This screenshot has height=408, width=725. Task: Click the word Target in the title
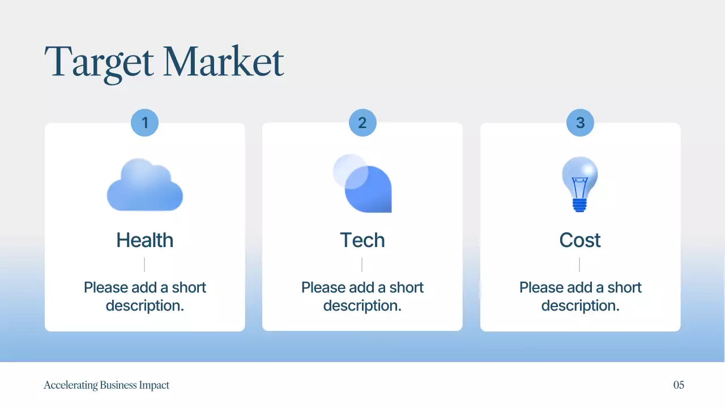click(99, 62)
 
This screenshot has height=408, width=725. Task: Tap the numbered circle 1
click(144, 123)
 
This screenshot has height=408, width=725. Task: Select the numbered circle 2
click(362, 123)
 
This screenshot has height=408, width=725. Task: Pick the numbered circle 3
click(580, 123)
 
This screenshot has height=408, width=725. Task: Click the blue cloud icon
click(145, 186)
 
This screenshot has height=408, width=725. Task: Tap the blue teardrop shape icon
click(370, 190)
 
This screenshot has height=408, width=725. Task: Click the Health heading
click(145, 240)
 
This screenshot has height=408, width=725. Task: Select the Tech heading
click(362, 240)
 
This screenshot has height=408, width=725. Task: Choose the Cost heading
click(580, 240)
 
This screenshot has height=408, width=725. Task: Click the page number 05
click(679, 385)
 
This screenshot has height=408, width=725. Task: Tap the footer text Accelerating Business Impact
click(106, 385)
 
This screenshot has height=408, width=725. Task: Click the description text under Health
click(145, 296)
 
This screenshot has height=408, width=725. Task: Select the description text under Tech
click(362, 296)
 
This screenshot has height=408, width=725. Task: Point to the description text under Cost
click(580, 296)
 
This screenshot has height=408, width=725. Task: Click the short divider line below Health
click(144, 265)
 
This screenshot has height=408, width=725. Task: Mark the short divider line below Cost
click(579, 265)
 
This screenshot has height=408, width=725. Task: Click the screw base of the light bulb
click(579, 205)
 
